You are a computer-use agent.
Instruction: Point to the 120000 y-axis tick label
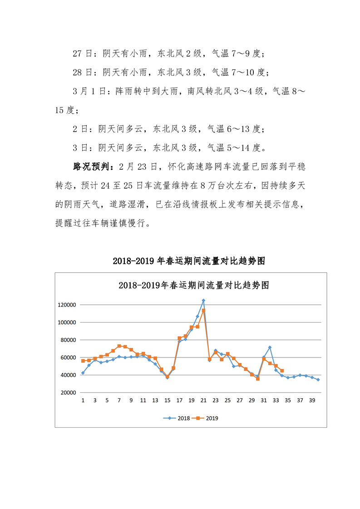(x=66, y=305)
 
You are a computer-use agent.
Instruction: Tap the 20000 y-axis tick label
(x=67, y=393)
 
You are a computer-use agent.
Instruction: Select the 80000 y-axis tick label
(x=67, y=340)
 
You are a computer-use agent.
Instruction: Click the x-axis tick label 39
(x=311, y=401)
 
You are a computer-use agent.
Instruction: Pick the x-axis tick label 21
(x=203, y=401)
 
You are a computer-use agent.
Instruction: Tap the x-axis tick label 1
(x=83, y=401)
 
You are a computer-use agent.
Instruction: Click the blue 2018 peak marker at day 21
(x=203, y=300)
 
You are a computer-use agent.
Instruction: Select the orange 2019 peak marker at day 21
(x=203, y=310)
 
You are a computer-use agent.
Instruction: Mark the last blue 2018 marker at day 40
(x=318, y=380)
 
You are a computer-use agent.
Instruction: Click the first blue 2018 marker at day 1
(x=83, y=373)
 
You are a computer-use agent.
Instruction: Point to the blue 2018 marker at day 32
(x=270, y=347)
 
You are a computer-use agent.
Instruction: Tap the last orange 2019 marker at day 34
(x=282, y=371)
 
